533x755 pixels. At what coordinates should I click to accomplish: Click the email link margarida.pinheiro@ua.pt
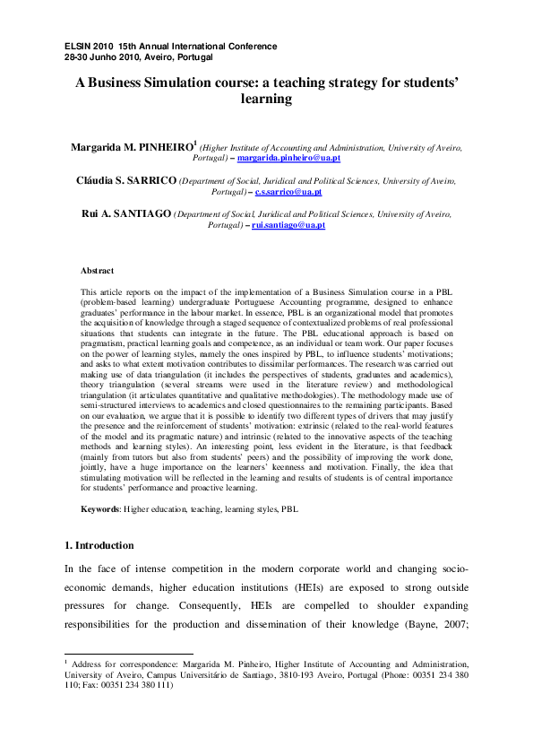[x=288, y=158]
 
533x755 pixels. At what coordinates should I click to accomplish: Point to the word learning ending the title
[x=266, y=99]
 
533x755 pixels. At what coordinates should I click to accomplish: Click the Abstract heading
[x=97, y=270]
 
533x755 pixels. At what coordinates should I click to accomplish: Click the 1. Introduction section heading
[x=99, y=545]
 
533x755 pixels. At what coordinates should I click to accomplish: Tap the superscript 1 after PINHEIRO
[x=195, y=142]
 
